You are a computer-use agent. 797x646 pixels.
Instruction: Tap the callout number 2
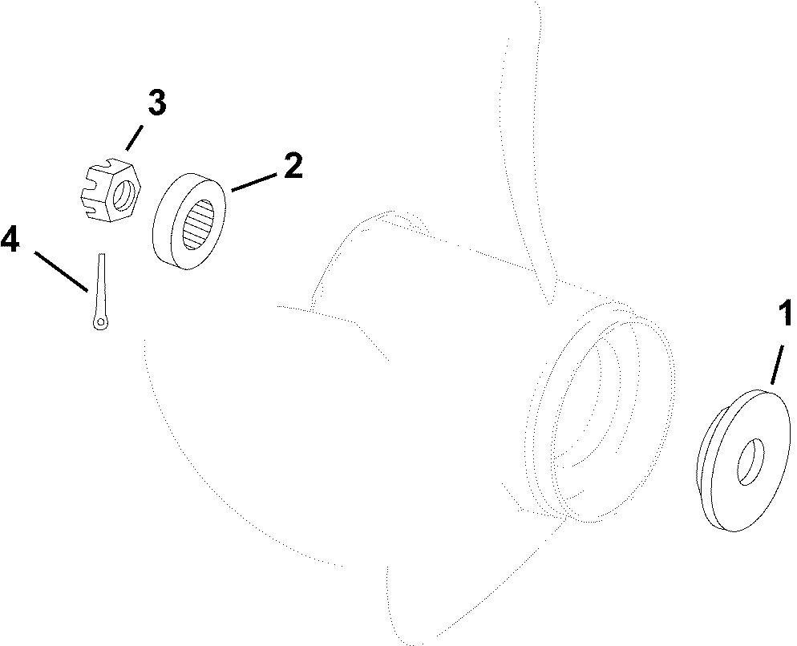point(293,166)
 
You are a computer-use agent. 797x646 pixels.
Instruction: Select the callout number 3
point(156,103)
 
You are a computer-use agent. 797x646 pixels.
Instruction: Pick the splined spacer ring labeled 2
point(189,223)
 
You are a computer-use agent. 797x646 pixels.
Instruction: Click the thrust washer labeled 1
point(742,461)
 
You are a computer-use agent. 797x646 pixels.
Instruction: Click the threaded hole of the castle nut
point(123,196)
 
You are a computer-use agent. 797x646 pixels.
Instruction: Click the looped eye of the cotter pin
point(101,322)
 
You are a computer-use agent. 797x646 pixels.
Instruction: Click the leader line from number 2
point(254,183)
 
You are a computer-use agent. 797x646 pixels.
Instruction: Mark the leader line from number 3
point(134,137)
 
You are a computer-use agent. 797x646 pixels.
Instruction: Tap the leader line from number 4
point(62,272)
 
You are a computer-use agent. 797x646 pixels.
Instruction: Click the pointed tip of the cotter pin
point(103,254)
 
